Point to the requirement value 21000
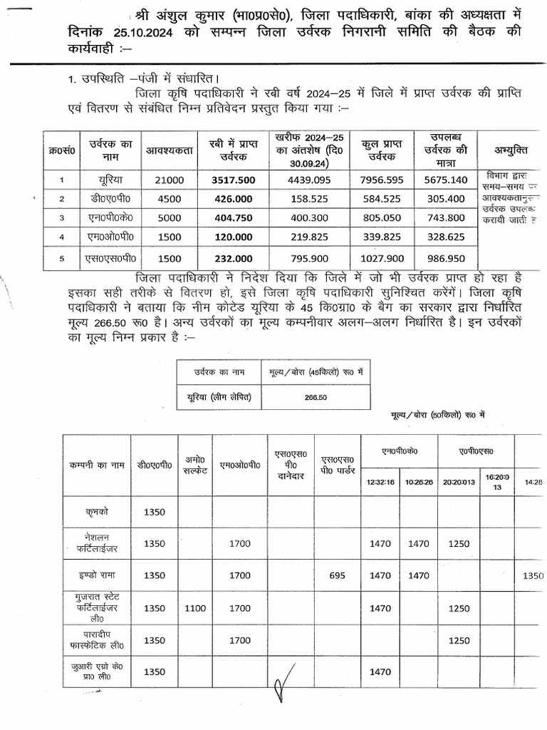tap(165, 180)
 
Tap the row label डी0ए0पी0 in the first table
tap(101, 199)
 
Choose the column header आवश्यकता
tap(165, 150)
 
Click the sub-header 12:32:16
tap(380, 482)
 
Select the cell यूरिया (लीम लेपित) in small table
tap(219, 396)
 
